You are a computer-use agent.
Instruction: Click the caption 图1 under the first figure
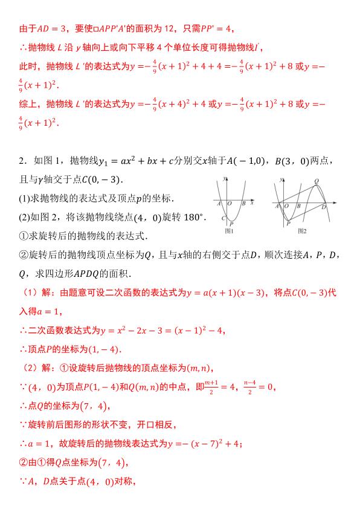tap(228, 230)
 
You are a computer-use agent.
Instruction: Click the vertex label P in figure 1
tap(231, 223)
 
